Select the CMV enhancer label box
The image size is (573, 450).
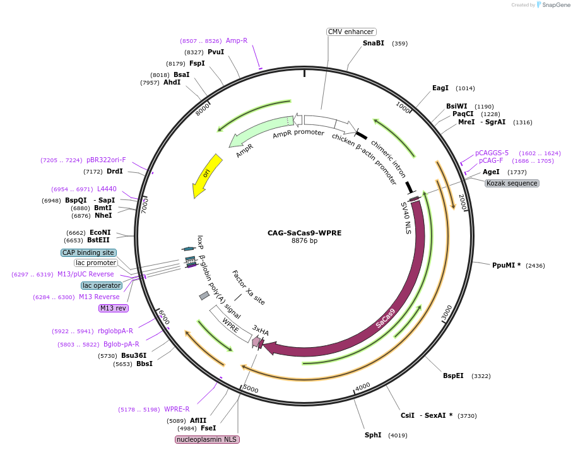pyautogui.click(x=351, y=32)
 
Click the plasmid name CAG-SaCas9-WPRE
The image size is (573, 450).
pyautogui.click(x=304, y=233)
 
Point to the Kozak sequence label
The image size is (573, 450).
pyautogui.click(x=512, y=183)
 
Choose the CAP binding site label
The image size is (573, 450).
pyautogui.click(x=88, y=252)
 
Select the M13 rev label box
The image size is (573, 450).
pyautogui.click(x=113, y=308)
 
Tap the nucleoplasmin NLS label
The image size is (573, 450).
pyautogui.click(x=208, y=439)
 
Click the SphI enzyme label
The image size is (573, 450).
pyautogui.click(x=373, y=435)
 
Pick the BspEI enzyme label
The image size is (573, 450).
pyautogui.click(x=453, y=376)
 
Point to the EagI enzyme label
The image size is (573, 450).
pyautogui.click(x=440, y=88)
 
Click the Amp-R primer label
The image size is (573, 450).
pyautogui.click(x=237, y=40)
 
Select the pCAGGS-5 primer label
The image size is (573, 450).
pyautogui.click(x=492, y=153)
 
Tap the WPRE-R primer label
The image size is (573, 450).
pyautogui.click(x=177, y=409)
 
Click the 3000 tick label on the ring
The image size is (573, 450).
pyautogui.click(x=447, y=312)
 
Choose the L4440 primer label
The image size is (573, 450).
pyautogui.click(x=107, y=189)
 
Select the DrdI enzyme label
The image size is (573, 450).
pyautogui.click(x=115, y=171)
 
